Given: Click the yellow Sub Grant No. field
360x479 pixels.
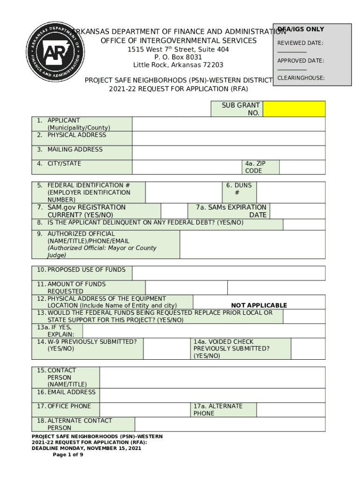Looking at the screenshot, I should click(294, 109).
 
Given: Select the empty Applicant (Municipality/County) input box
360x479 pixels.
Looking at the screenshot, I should click(228, 124).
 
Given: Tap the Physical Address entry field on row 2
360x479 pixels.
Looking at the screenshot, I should click(228, 138).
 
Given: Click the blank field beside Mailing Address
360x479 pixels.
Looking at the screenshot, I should click(228, 153).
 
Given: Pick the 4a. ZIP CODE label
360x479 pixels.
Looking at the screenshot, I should click(254, 167).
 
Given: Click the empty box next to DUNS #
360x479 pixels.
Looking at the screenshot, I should click(291, 192).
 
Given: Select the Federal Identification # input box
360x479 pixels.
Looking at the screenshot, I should click(184, 192).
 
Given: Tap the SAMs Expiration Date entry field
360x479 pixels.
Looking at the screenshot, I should click(297, 211).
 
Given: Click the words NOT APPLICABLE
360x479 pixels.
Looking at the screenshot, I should click(259, 305).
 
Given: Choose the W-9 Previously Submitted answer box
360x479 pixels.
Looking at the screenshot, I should click(166, 349).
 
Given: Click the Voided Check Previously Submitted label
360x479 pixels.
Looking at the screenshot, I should click(231, 349).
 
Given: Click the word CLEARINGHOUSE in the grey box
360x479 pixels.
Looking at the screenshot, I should click(301, 78).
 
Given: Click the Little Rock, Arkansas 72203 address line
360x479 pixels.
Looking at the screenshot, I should click(178, 65).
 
